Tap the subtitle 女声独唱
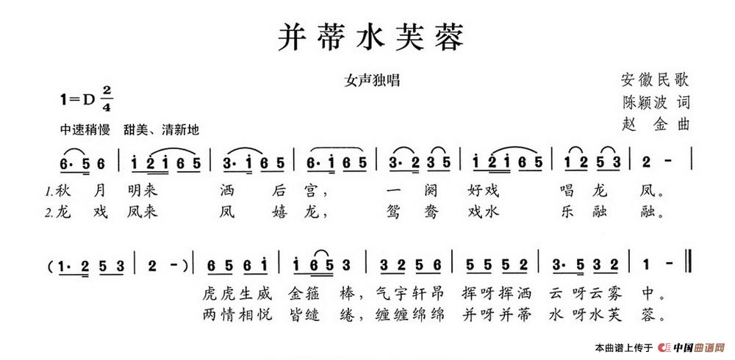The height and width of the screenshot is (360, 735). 372,81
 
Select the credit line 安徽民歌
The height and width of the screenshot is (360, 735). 655,80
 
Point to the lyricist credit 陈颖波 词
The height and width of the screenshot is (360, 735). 655,101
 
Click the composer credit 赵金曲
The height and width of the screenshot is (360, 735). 655,124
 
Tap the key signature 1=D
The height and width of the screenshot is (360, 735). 78,99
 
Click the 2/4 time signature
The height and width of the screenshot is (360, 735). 107,99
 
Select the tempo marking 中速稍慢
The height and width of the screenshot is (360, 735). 85,129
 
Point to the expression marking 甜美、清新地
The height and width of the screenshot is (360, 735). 161,129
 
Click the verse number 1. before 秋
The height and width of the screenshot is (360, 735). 49,191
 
